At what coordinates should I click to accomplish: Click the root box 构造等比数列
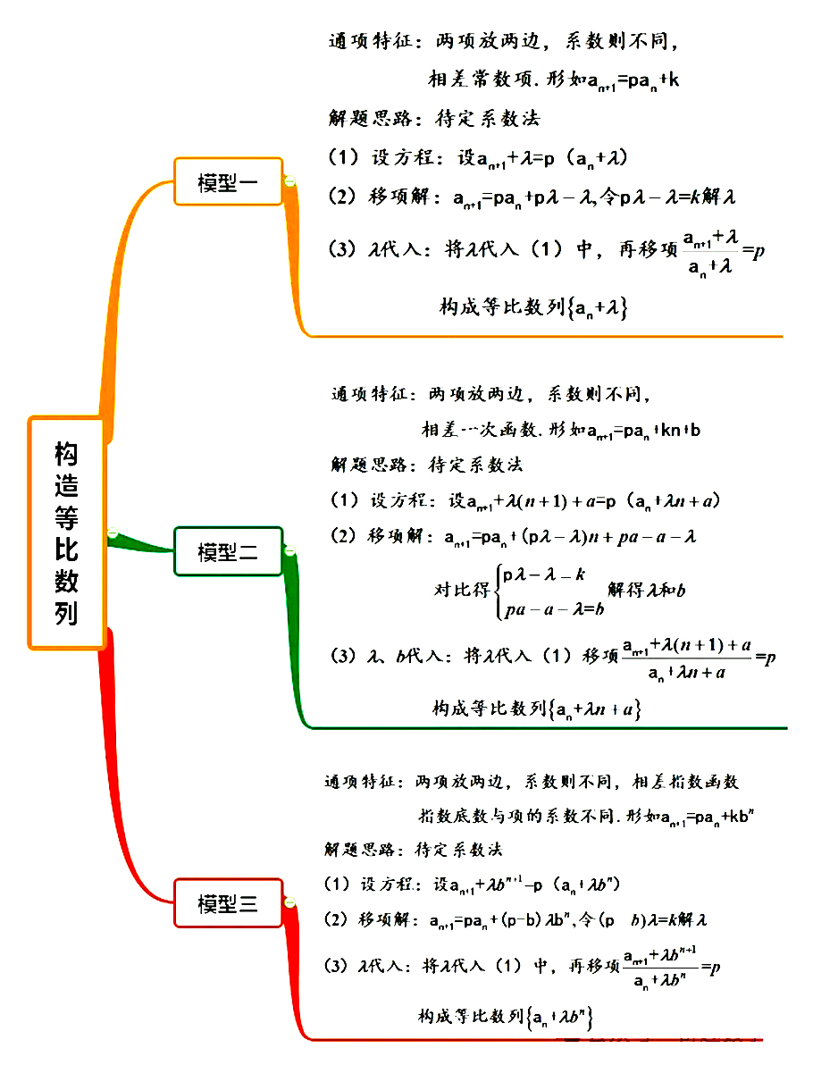tap(67, 533)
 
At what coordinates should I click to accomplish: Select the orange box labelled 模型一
tap(229, 182)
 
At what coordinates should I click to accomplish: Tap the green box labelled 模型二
tap(229, 552)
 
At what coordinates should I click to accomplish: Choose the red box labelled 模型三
tap(229, 904)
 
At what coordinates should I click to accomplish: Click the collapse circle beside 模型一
tap(290, 182)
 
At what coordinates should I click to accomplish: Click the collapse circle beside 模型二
tap(290, 551)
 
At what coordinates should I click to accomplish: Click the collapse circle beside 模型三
tap(290, 904)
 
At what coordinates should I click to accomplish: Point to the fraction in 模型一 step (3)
tap(709, 252)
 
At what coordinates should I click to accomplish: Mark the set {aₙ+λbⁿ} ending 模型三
tap(561, 1017)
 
